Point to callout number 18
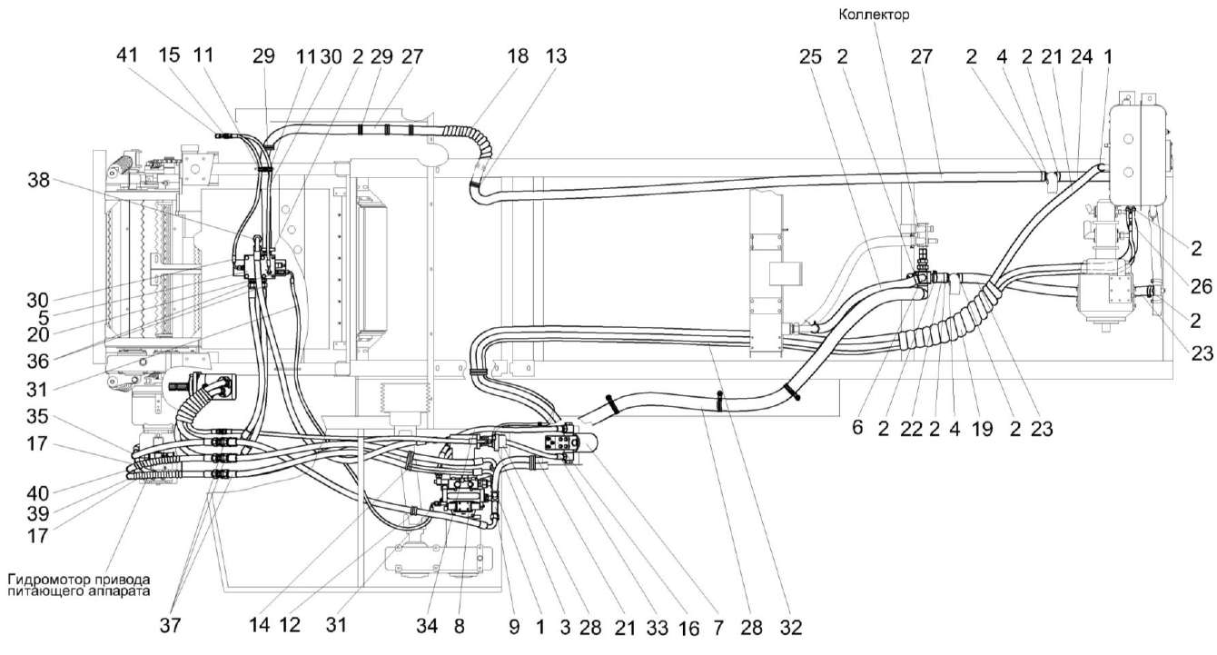click(518, 55)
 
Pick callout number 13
click(556, 55)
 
